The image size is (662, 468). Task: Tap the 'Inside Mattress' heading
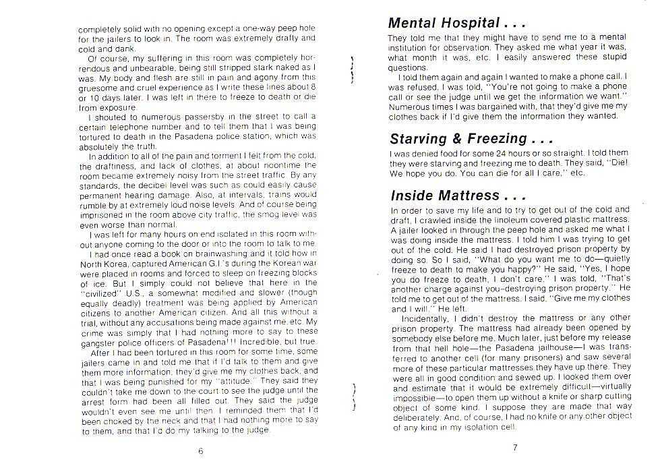click(x=455, y=196)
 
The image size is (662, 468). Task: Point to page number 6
click(x=200, y=451)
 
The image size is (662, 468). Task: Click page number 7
click(x=514, y=446)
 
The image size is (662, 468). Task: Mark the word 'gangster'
click(x=96, y=341)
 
